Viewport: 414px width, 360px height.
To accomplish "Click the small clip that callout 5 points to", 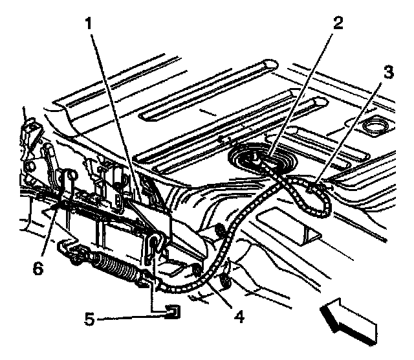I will point(173,313).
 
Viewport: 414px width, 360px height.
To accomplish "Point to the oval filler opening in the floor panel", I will point(374,124).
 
